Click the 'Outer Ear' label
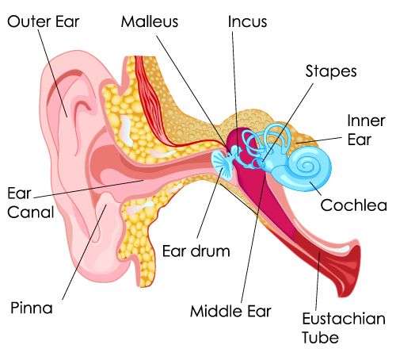pyautogui.click(x=44, y=21)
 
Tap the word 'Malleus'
pyautogui.click(x=150, y=21)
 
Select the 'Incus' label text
pyautogui.click(x=247, y=21)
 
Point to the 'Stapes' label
pyautogui.click(x=331, y=71)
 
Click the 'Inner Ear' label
pyautogui.click(x=366, y=130)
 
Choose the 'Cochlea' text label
pyautogui.click(x=354, y=205)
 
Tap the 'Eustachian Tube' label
pyautogui.click(x=344, y=327)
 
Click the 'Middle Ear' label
pyautogui.click(x=230, y=311)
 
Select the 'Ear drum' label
pyautogui.click(x=196, y=251)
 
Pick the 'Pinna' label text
pyautogui.click(x=32, y=308)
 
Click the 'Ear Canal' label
pyautogui.click(x=31, y=202)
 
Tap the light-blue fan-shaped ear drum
pyautogui.click(x=223, y=164)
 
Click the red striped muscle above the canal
pyautogui.click(x=152, y=103)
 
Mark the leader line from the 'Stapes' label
pyautogui.click(x=288, y=122)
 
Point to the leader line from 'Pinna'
pyautogui.click(x=85, y=252)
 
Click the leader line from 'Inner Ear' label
pyautogui.click(x=319, y=140)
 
